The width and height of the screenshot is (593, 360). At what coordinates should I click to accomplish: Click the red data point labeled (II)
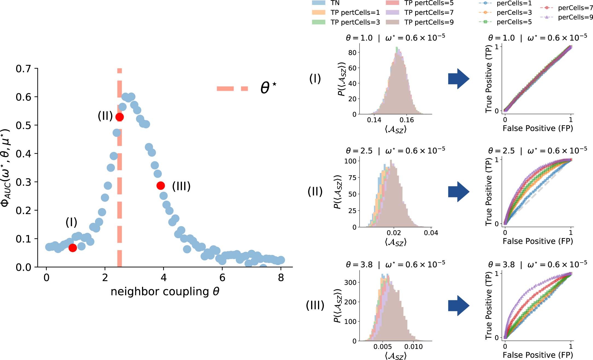tap(119, 117)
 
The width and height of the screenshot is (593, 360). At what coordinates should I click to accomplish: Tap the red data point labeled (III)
tap(161, 186)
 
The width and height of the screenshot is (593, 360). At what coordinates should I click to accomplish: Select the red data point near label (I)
tap(73, 248)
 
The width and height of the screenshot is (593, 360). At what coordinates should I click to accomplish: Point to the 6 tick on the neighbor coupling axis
tap(222, 278)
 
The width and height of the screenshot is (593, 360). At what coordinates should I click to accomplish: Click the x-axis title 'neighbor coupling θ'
tap(165, 292)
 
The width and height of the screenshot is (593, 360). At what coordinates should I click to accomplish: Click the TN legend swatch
tap(319, 3)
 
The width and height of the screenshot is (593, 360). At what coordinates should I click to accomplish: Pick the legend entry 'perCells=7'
tap(575, 8)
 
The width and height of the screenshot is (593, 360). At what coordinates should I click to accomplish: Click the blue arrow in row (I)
tap(459, 79)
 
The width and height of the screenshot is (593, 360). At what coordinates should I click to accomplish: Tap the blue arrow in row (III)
tap(459, 306)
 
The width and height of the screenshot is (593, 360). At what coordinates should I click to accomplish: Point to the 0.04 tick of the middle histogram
tap(431, 233)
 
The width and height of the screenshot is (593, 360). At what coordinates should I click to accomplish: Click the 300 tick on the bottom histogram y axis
tap(350, 282)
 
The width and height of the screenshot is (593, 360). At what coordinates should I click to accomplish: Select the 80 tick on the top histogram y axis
tap(352, 53)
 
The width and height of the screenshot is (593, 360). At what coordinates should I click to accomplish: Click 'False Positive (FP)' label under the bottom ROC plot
tap(538, 355)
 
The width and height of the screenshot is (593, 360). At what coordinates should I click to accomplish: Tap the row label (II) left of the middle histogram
tap(315, 191)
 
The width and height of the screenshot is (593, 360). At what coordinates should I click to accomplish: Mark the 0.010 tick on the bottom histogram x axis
tap(413, 347)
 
